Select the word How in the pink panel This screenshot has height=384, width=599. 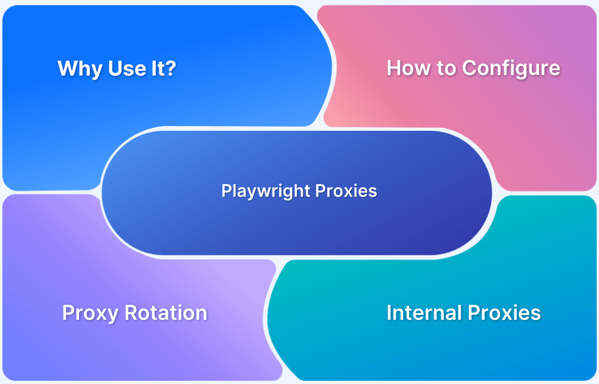pos(407,68)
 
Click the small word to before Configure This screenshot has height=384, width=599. pos(445,68)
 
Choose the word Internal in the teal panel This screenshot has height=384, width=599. pos(423,313)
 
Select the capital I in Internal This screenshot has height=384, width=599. pos(390,313)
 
